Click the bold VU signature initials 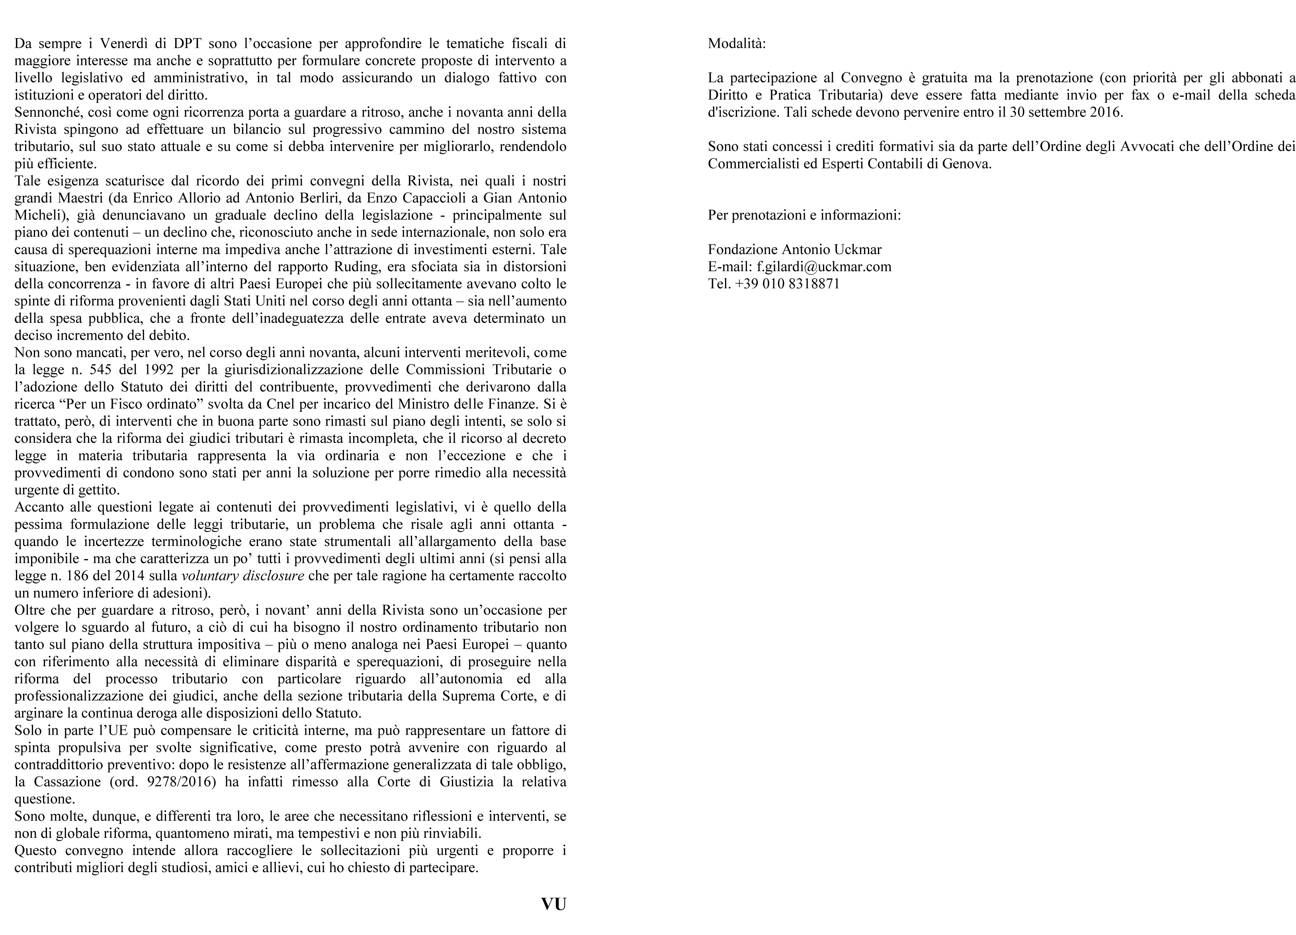coord(553,904)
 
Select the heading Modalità coord(737,43)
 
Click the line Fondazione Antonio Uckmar coord(794,249)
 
